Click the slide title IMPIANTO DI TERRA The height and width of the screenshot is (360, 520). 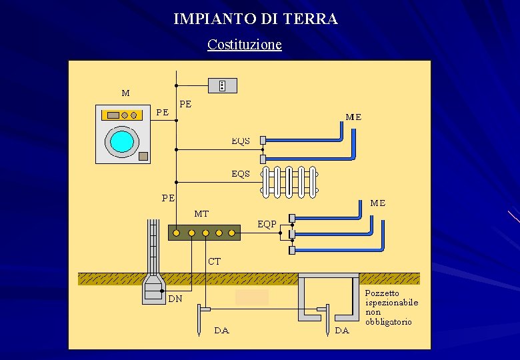255,19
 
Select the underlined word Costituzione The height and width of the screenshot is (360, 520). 244,45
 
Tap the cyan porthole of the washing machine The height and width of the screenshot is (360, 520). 122,141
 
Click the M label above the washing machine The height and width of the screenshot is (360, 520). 125,93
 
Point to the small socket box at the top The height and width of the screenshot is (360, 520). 222,85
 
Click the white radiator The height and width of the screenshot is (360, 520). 290,181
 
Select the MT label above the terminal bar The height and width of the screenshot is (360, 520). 201,214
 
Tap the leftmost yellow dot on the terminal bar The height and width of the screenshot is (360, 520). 178,233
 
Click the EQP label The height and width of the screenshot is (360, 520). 267,224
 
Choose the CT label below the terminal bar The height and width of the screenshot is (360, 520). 214,261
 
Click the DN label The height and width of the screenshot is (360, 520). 175,299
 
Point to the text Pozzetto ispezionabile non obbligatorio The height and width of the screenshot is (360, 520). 391,307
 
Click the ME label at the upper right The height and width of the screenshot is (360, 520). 353,117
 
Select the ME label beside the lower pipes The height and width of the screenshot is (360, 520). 378,203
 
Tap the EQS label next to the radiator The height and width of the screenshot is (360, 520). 241,173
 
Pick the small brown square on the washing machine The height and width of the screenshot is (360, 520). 143,156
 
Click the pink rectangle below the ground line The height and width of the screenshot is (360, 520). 252,297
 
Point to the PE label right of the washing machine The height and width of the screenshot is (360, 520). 162,112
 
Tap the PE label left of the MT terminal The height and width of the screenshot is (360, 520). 168,198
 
